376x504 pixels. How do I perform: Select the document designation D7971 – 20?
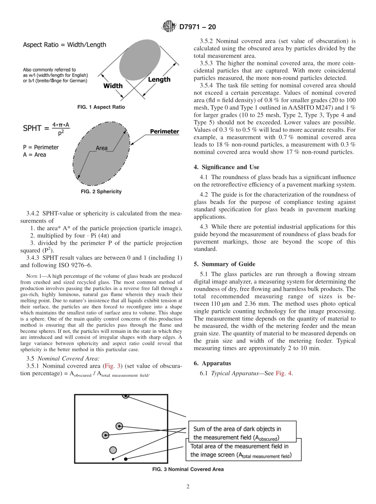[x=197, y=27]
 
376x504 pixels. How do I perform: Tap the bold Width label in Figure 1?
[x=113, y=86]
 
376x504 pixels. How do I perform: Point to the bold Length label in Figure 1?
[x=159, y=80]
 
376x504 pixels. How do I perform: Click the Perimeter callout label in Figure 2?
[x=164, y=132]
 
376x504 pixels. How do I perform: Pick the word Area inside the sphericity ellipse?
[x=102, y=148]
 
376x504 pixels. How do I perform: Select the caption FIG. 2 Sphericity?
[x=101, y=191]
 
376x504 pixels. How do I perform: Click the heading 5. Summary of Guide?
[x=224, y=264]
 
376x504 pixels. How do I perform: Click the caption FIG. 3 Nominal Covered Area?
[x=188, y=469]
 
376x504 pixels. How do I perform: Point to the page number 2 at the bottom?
[x=188, y=487]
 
